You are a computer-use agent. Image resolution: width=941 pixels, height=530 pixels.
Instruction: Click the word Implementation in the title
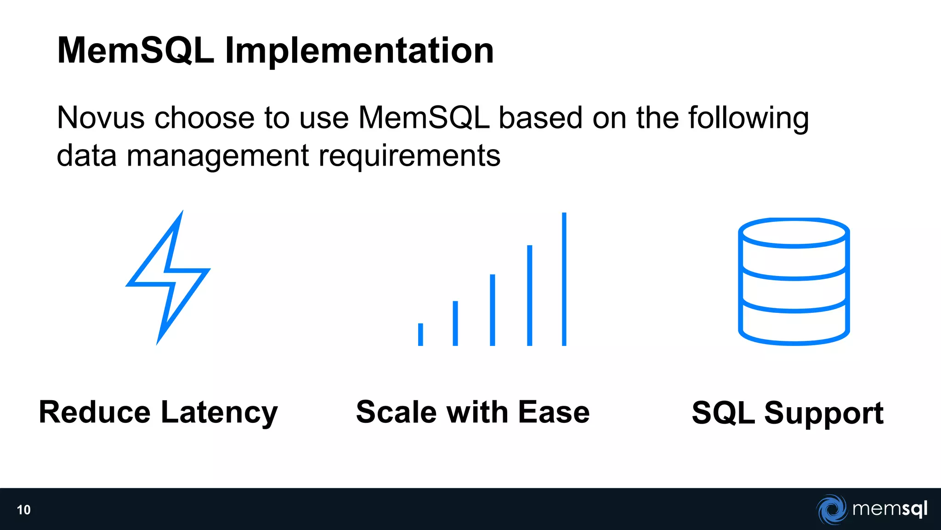[x=359, y=51]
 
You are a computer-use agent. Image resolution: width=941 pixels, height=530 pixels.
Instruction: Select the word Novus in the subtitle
[x=101, y=118]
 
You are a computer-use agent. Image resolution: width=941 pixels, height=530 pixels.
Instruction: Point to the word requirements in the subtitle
[x=409, y=156]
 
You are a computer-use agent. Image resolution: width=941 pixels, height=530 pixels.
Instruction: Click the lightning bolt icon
[x=168, y=277]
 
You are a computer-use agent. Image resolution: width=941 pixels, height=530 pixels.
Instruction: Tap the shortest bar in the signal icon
[x=420, y=334]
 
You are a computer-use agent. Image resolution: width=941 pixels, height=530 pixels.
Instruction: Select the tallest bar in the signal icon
[x=564, y=279]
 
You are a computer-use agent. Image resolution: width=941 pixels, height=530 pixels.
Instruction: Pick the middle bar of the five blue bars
[x=493, y=310]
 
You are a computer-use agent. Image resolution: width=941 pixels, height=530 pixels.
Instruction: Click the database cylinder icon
[x=794, y=282]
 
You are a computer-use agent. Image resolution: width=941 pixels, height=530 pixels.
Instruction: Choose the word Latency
[x=219, y=412]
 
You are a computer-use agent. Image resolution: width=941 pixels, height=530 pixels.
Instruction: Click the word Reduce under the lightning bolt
[x=95, y=412]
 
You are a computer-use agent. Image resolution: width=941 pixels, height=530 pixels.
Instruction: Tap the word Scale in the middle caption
[x=396, y=412]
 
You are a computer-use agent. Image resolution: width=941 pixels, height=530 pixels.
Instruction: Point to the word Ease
[x=554, y=412]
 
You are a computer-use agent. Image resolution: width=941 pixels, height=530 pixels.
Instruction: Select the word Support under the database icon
[x=824, y=413]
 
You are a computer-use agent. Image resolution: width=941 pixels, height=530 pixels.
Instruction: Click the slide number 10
[x=24, y=510]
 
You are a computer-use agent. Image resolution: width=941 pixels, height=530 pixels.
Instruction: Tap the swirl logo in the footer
[x=832, y=509]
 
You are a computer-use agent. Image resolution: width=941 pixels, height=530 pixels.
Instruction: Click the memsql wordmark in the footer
[x=890, y=509]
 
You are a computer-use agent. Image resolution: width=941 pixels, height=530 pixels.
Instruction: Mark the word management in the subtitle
[x=218, y=156]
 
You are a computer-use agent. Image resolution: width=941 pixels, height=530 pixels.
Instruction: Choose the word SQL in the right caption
[x=723, y=413]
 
